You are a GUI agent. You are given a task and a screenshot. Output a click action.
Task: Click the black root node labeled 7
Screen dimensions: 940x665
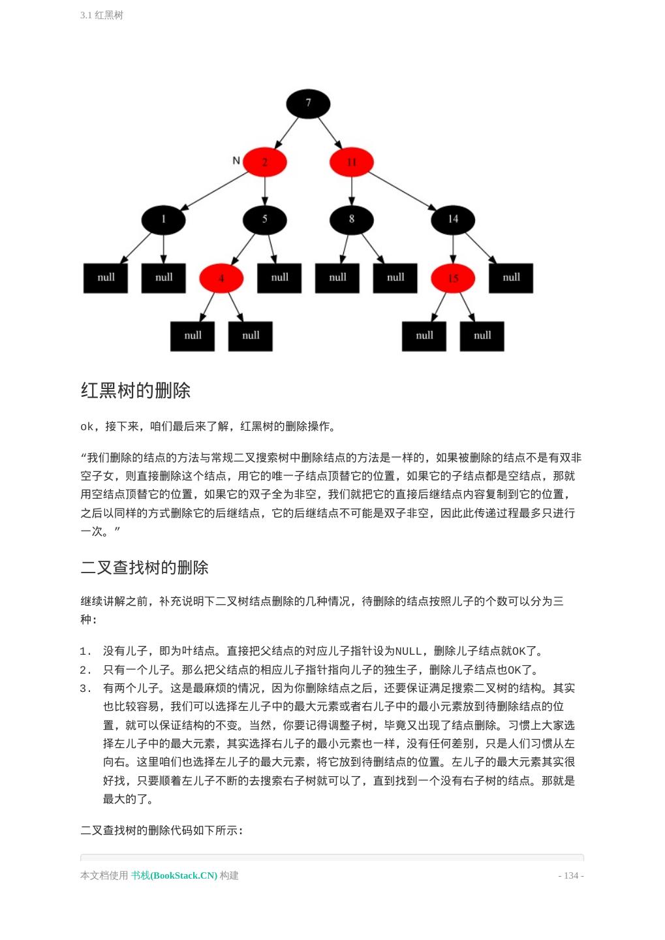(308, 104)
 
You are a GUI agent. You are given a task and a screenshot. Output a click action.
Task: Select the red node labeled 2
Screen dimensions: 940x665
(264, 162)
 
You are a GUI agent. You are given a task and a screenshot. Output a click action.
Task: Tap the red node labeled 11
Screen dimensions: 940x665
(351, 162)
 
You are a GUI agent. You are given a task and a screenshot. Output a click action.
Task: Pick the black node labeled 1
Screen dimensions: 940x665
(163, 220)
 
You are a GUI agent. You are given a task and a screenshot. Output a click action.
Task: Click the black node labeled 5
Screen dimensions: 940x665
(264, 220)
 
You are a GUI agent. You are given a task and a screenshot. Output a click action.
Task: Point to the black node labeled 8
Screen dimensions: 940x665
(351, 220)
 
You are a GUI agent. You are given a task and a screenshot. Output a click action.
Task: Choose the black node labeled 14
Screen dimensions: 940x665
(453, 220)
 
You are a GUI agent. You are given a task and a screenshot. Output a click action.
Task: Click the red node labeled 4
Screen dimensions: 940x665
(221, 278)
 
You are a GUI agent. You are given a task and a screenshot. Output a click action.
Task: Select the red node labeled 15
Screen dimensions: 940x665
(453, 278)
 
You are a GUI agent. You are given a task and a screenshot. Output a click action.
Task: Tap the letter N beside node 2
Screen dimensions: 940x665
(236, 161)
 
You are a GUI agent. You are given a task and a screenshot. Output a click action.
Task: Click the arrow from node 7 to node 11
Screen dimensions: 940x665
(330, 133)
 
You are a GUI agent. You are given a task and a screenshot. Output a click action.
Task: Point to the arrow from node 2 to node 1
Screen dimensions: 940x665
(214, 191)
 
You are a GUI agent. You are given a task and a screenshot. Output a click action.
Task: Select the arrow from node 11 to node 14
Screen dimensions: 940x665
(402, 191)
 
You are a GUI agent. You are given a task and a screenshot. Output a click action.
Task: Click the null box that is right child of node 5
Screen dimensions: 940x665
(279, 278)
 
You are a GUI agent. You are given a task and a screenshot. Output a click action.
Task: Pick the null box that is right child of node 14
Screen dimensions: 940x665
(511, 278)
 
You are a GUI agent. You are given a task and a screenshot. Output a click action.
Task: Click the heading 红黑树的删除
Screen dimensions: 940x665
(136, 391)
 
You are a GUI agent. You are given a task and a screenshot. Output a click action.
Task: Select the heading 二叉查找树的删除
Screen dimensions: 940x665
(144, 568)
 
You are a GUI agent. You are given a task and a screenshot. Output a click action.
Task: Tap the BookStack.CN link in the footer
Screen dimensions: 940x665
(174, 875)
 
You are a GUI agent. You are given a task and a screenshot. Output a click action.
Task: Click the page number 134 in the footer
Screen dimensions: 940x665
(571, 875)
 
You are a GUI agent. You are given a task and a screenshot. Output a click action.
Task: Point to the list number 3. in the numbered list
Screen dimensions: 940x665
(85, 688)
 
